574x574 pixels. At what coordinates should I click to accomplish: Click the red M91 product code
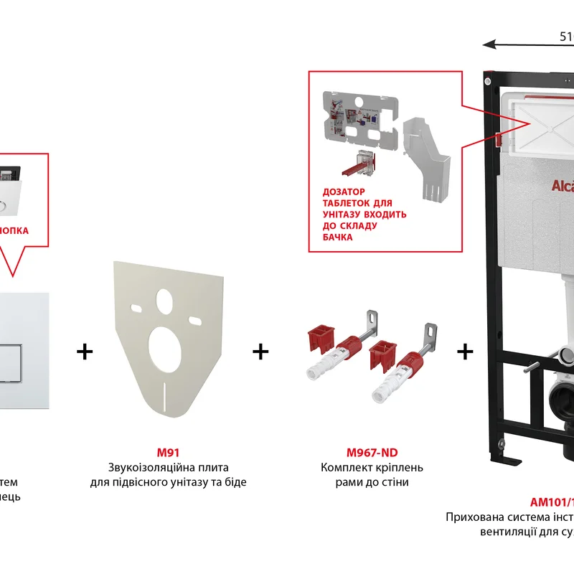168,453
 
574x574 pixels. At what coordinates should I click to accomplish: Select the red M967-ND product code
372,453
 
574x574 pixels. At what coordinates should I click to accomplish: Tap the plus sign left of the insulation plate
85,352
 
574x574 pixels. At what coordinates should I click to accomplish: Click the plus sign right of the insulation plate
260,352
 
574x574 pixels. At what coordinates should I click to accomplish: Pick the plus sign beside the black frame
466,352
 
